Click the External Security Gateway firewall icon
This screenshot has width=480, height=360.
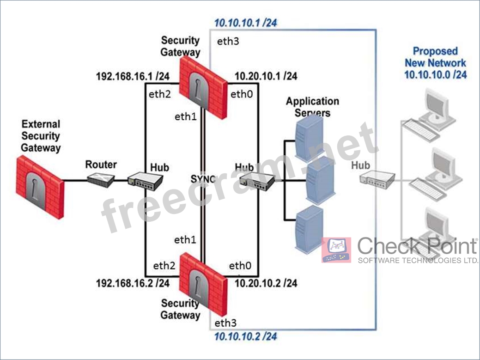point(40,187)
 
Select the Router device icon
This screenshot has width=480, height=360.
point(101,180)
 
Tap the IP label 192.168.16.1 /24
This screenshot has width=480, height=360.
point(133,76)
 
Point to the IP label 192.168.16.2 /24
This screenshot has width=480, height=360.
point(133,283)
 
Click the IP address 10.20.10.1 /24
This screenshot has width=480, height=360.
point(266,76)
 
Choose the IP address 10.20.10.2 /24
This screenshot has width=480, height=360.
point(266,283)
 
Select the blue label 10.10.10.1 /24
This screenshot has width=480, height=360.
point(245,23)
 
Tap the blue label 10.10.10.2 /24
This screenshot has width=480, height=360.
point(245,337)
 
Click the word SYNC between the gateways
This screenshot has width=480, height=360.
point(203,179)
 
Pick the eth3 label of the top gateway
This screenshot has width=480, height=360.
point(228,41)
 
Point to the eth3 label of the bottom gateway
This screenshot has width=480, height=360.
point(225,323)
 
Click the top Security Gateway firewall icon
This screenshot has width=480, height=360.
point(203,87)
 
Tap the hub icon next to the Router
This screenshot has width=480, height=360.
point(145,181)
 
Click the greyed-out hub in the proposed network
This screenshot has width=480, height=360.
point(377,179)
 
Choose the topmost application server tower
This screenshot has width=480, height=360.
point(309,138)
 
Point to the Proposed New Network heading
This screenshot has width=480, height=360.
point(435,63)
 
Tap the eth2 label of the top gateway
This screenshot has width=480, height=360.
point(159,94)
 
